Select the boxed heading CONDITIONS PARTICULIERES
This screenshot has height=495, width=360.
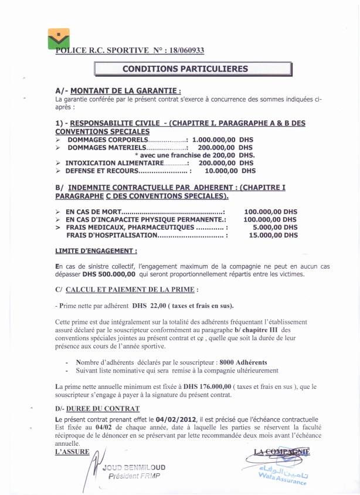[x=185, y=69]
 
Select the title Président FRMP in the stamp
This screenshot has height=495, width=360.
[x=133, y=476]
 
